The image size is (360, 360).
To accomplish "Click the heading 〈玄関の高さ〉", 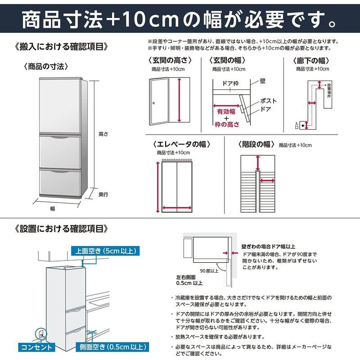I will (168, 60).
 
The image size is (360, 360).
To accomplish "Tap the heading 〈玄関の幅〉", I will (229, 60).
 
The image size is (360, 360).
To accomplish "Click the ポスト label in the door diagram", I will (269, 101).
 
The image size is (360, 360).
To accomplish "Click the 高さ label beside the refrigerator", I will (103, 134).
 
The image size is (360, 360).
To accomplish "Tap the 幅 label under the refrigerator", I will (53, 208).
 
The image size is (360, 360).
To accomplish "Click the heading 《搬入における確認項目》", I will (61, 46).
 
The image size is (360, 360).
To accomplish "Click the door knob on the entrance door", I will (154, 104).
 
